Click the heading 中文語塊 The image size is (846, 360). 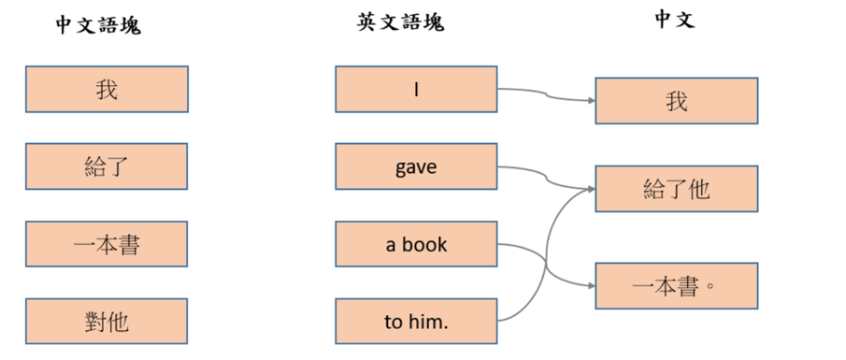click(97, 25)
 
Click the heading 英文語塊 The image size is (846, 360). click(400, 22)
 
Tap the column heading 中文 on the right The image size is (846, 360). click(674, 21)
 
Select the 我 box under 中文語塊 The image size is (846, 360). click(107, 90)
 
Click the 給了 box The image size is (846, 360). click(107, 167)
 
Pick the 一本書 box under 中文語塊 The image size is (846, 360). click(107, 245)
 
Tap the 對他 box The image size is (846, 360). click(107, 323)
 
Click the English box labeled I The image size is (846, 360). click(416, 90)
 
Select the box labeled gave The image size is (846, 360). click(416, 167)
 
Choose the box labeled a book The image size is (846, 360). click(416, 245)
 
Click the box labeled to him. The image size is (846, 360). click(416, 323)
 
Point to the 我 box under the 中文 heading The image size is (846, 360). click(676, 101)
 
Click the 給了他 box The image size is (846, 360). click(676, 189)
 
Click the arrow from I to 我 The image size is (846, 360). click(547, 94)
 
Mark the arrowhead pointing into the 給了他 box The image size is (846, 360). click(591, 188)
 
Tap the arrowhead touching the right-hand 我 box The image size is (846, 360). click(591, 100)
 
